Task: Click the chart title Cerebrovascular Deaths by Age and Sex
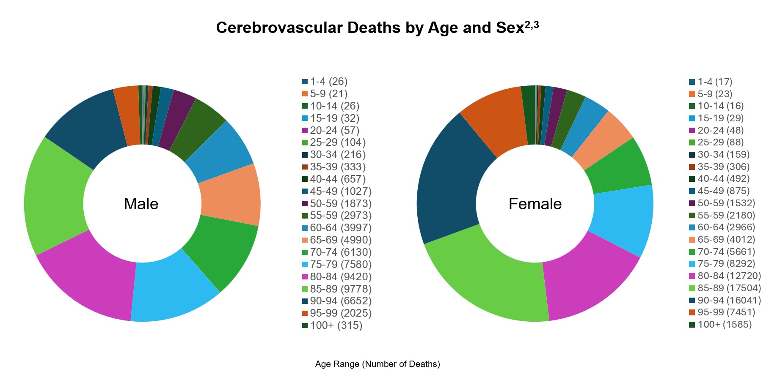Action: point(377,28)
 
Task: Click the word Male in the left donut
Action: point(141,204)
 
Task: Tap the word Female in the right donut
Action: point(535,204)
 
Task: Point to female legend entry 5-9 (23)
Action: point(714,94)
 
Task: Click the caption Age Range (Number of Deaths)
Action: point(378,364)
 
